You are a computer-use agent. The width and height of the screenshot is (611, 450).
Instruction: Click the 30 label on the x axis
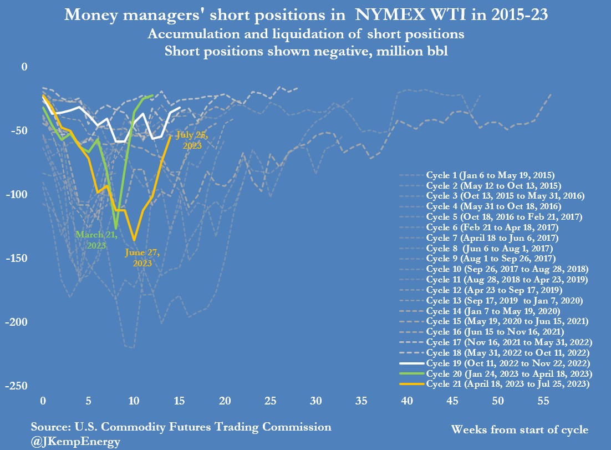[x=316, y=401]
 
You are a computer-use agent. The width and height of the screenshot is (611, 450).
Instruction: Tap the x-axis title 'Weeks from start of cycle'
[x=520, y=429]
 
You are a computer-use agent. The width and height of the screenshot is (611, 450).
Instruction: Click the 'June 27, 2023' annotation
[x=142, y=258]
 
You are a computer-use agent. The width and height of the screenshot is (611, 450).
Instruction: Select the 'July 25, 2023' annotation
[x=190, y=140]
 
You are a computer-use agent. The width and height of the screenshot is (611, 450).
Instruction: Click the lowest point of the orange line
[x=134, y=240]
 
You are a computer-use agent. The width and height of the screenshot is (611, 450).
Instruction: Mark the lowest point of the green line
[x=116, y=227]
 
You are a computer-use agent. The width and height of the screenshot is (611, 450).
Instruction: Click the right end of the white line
[x=179, y=108]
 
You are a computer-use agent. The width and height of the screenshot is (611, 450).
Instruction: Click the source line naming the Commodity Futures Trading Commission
[x=181, y=427]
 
